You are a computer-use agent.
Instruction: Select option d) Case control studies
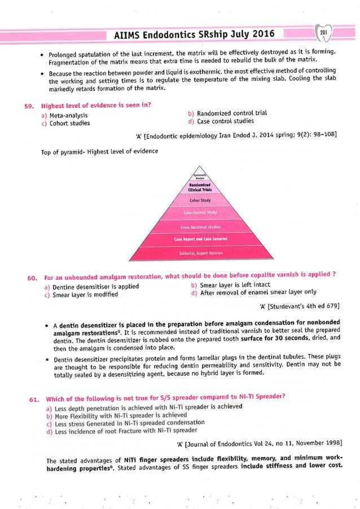pyautogui.click(x=221, y=121)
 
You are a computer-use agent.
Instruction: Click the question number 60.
pyautogui.click(x=32, y=277)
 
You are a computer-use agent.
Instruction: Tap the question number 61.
pyautogui.click(x=32, y=399)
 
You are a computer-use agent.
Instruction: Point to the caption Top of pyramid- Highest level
pyautogui.click(x=99, y=151)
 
